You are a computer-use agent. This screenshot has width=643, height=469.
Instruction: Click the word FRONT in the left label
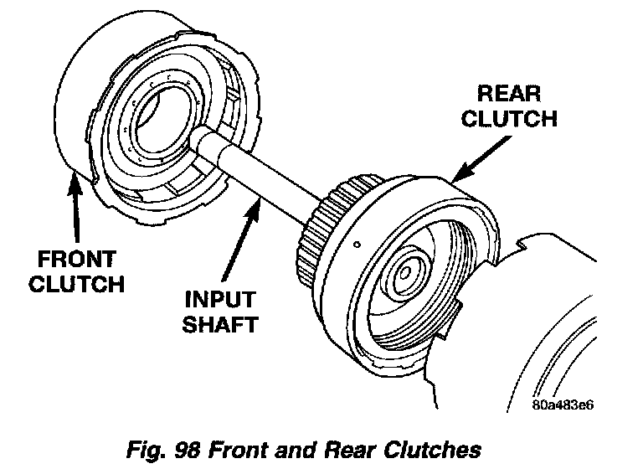[x=77, y=260]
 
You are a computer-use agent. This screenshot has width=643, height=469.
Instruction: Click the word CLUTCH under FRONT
[x=77, y=284]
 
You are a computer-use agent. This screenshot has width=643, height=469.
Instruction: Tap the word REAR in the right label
[x=509, y=94]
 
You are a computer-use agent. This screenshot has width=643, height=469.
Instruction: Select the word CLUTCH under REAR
[x=509, y=118]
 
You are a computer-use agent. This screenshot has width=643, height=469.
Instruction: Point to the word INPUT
[x=221, y=300]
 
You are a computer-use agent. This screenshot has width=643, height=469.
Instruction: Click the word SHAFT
[x=220, y=324]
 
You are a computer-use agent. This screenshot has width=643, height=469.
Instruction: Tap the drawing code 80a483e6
[x=563, y=405]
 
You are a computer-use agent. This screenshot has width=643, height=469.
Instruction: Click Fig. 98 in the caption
[x=163, y=450]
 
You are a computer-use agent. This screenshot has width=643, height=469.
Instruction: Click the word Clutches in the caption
[x=432, y=450]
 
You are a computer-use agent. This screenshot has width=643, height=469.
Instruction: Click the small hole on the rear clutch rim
[x=358, y=245]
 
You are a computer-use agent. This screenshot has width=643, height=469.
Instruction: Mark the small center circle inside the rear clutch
[x=405, y=273]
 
